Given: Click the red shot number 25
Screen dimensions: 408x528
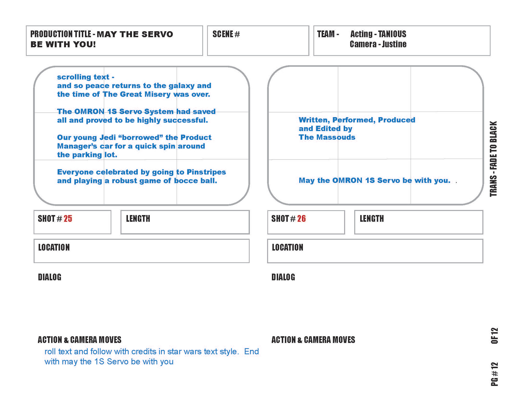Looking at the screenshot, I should pyautogui.click(x=68, y=219).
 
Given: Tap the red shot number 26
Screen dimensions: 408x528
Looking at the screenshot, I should pyautogui.click(x=301, y=219).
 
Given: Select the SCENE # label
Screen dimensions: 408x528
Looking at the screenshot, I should pyautogui.click(x=226, y=34).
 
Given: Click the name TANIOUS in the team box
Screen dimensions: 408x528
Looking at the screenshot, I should pyautogui.click(x=392, y=34).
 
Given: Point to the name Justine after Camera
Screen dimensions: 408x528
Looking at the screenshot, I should pyautogui.click(x=394, y=44).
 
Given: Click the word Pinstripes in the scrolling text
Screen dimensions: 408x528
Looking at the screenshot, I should pyautogui.click(x=206, y=172).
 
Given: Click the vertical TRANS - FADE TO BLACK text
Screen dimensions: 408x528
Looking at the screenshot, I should pyautogui.click(x=494, y=159).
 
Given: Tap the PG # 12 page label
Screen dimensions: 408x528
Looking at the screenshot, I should pyautogui.click(x=494, y=374).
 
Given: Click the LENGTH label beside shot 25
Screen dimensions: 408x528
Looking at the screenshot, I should pyautogui.click(x=138, y=219).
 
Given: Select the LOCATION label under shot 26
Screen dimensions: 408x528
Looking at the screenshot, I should pyautogui.click(x=287, y=247).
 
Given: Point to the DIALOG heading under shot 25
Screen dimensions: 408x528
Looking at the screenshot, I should pyautogui.click(x=50, y=277).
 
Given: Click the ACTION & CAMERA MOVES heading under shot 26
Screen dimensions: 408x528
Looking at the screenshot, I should pyautogui.click(x=313, y=340).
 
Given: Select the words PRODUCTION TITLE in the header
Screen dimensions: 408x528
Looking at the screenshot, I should pyautogui.click(x=61, y=34).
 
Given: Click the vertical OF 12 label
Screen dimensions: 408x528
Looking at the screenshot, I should pyautogui.click(x=494, y=336).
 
